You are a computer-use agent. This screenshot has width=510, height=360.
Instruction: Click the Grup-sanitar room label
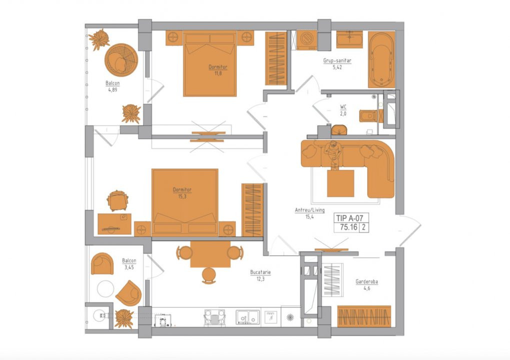click(337, 60)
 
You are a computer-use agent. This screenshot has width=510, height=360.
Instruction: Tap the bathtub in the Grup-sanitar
click(381, 60)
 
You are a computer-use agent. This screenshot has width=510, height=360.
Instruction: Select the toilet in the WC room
click(368, 116)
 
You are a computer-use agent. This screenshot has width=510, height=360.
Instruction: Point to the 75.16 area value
click(348, 227)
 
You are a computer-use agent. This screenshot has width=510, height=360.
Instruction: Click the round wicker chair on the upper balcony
click(121, 60)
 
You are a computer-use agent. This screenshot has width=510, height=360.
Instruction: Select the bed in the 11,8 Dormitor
click(210, 63)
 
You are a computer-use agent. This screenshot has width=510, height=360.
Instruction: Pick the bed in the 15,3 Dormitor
click(185, 202)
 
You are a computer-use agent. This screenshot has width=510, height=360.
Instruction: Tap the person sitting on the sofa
click(333, 154)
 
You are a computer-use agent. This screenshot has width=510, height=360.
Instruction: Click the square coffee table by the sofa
click(340, 183)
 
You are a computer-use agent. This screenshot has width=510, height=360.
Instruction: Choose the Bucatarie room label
click(261, 272)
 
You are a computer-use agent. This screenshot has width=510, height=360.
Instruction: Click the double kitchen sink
click(248, 317)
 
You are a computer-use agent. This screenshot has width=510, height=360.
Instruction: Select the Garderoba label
click(366, 281)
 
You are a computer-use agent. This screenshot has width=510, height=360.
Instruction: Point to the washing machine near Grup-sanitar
click(307, 40)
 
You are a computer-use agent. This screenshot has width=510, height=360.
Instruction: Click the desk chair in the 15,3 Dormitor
click(118, 200)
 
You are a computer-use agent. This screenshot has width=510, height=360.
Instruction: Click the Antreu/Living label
click(310, 210)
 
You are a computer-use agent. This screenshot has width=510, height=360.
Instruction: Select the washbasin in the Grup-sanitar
click(349, 39)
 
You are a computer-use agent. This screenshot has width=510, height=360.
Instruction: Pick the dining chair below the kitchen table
click(209, 275)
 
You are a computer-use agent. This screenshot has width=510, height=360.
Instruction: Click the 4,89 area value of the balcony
click(113, 89)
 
